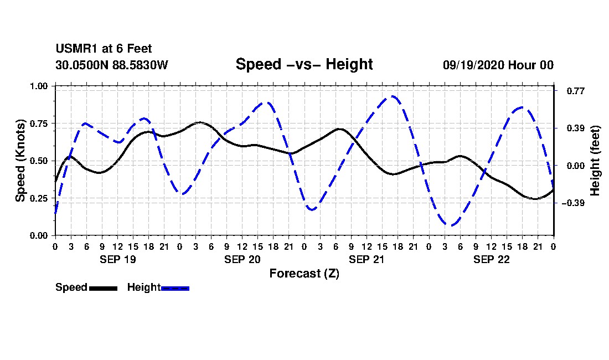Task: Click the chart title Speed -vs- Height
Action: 304,64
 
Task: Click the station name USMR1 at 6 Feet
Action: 104,49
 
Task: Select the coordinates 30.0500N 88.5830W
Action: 112,65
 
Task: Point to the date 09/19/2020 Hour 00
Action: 498,65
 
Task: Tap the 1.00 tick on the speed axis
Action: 38,86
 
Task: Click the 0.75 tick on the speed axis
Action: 38,124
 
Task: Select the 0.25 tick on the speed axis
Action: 38,198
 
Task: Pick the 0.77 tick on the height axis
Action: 575,91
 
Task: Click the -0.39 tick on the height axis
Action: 573,203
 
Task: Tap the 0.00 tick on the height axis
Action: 575,166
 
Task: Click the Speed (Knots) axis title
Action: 20,161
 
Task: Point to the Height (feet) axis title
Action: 595,161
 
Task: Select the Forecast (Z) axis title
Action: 304,274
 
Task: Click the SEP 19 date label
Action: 118,259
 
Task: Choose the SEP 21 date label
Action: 367,259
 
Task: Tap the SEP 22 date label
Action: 491,259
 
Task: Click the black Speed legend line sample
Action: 104,288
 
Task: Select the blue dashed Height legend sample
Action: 175,288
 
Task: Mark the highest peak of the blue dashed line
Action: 394,96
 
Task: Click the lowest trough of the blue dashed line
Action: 451,225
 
